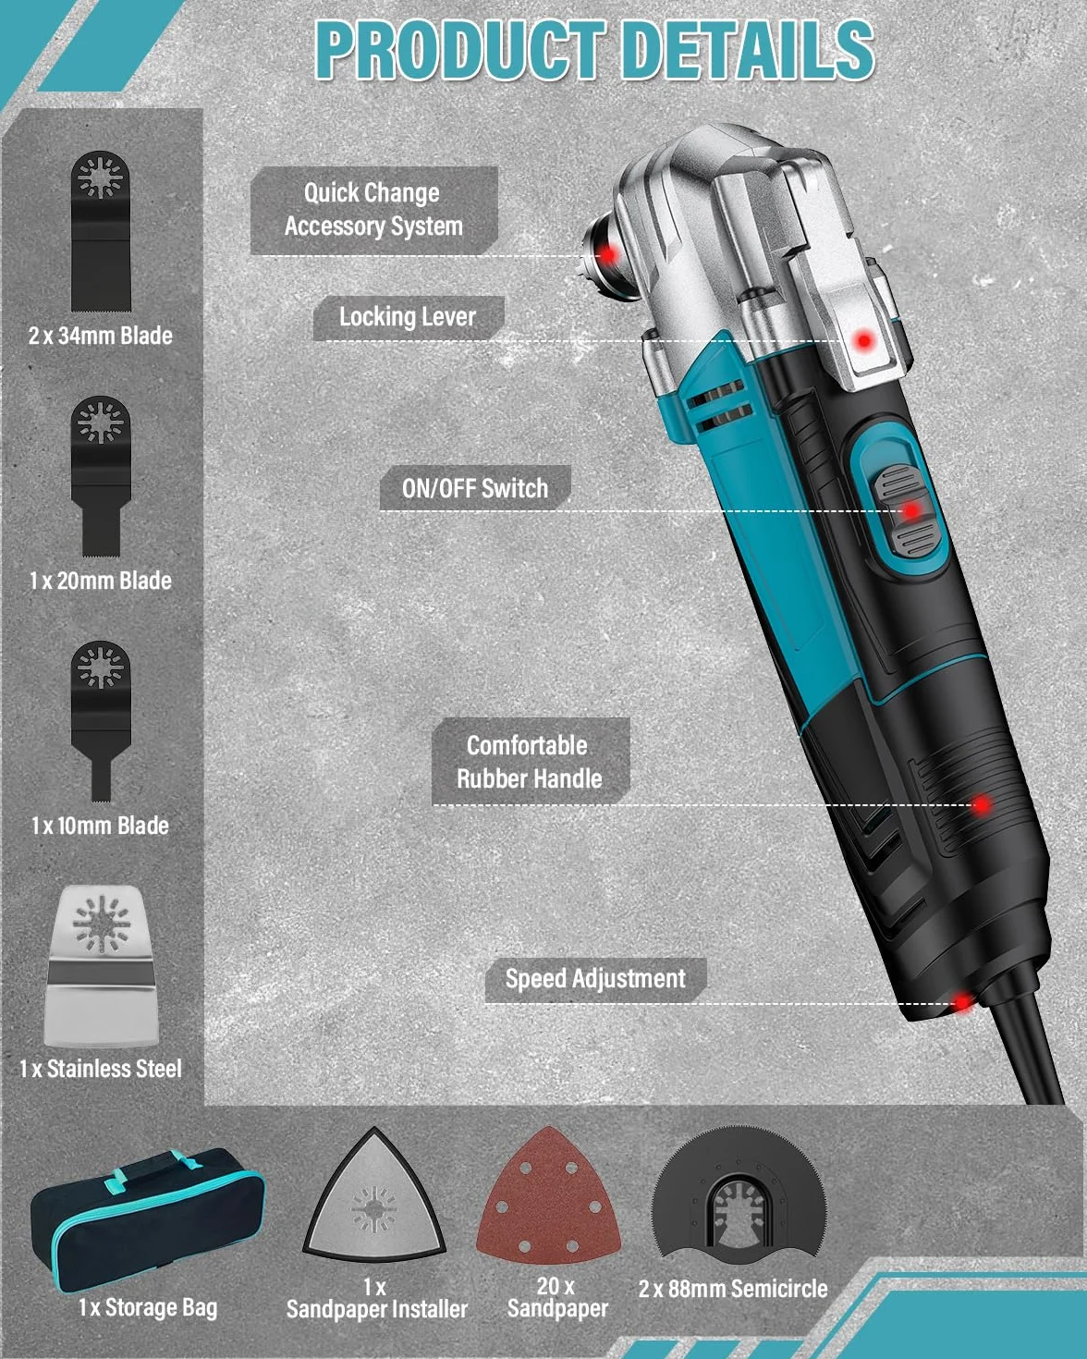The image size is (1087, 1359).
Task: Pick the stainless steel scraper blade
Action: point(101,966)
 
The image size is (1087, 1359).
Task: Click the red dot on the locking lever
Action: point(863,340)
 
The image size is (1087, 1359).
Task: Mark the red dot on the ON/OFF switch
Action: point(910,510)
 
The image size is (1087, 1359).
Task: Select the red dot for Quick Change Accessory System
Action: point(607,254)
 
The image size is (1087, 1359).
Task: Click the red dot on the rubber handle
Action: point(981,804)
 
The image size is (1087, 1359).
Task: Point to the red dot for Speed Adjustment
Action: point(962,1002)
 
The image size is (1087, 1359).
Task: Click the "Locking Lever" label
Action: point(408,317)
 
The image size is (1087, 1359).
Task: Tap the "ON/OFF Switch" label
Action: point(475,488)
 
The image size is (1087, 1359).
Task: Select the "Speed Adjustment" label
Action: point(595,979)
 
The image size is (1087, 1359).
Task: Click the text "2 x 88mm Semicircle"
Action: point(733,1288)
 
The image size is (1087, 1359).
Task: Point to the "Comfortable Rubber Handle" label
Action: point(530,762)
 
